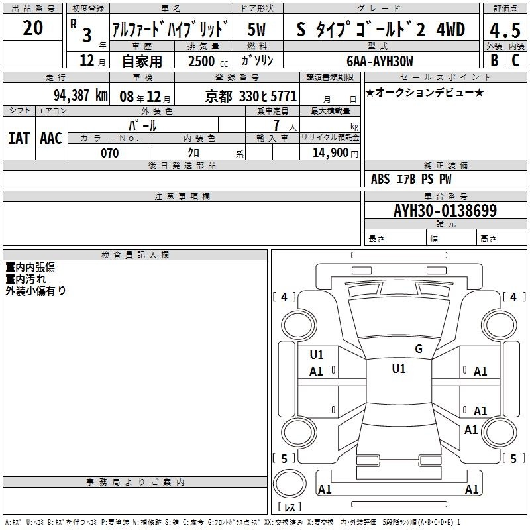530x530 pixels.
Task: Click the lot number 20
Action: [32, 28]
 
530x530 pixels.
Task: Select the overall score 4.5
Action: [505, 30]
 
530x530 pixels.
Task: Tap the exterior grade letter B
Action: [494, 60]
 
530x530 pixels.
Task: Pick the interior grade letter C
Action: [515, 60]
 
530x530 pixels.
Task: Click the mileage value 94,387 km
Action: [81, 95]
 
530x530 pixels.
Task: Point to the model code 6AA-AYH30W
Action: [380, 61]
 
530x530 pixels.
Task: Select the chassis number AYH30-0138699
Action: [445, 210]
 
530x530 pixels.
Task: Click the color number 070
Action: [109, 153]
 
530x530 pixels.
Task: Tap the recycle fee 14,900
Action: [330, 153]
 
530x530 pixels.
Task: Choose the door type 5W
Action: [256, 29]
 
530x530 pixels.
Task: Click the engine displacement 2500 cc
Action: [207, 61]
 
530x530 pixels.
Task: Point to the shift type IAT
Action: [19, 138]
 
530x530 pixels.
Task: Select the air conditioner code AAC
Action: [51, 138]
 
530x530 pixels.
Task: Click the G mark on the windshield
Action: [419, 349]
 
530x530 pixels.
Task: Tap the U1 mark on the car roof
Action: [399, 369]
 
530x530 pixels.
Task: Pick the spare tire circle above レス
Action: [290, 483]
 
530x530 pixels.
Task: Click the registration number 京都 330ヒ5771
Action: [251, 97]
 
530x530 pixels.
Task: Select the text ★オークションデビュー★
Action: [425, 92]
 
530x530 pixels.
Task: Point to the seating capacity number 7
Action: [276, 125]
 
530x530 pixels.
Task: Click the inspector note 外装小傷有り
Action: [36, 290]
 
